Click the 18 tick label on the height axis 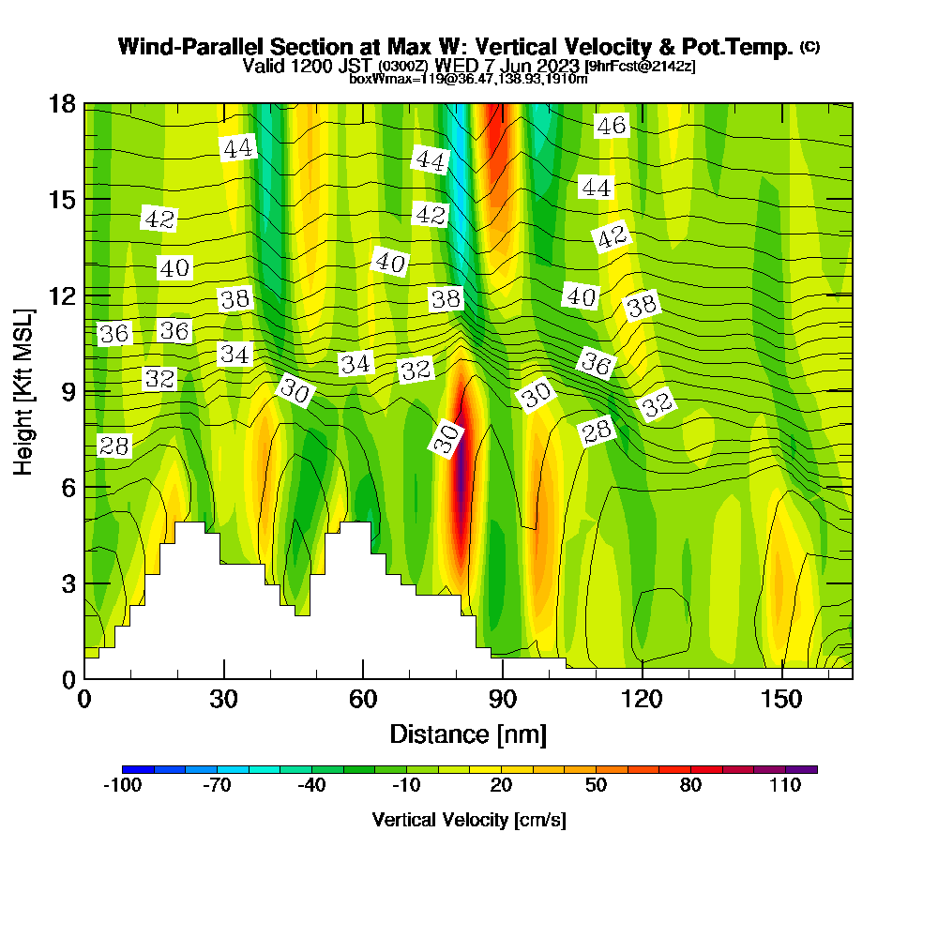tap(64, 104)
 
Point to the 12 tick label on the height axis tap(64, 295)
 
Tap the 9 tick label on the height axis tap(70, 391)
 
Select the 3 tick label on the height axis tap(70, 583)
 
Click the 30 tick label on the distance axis tap(223, 700)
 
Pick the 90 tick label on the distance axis tap(503, 700)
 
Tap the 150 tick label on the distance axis tap(781, 700)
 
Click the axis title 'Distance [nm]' tap(468, 734)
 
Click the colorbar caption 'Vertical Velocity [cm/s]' tap(469, 820)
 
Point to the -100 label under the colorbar tap(122, 786)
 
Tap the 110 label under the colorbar tap(785, 786)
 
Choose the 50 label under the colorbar tap(596, 786)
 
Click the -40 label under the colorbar tap(311, 786)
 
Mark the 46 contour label tap(612, 126)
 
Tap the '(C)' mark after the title tap(809, 46)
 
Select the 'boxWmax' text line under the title tap(468, 79)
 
